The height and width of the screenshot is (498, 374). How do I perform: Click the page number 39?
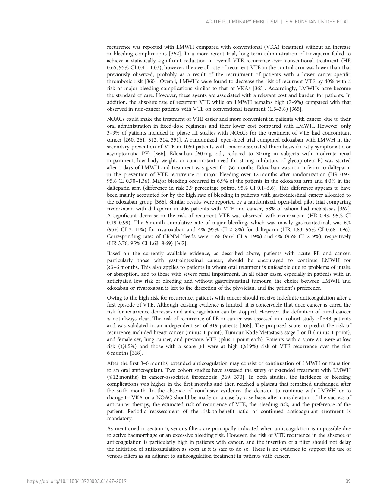click(348, 481)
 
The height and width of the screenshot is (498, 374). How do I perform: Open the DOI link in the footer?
click(77, 481)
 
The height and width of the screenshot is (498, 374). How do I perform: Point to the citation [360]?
click(150, 82)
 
